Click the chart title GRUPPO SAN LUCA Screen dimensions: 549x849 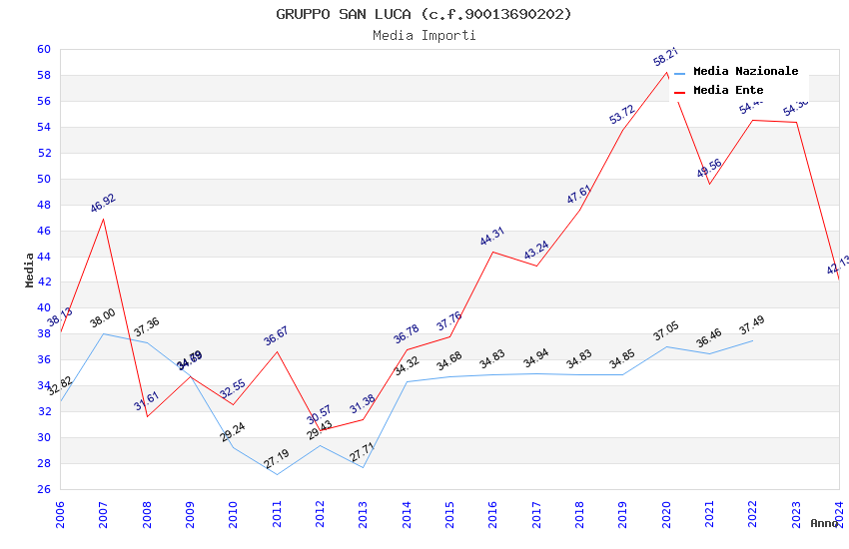(424, 14)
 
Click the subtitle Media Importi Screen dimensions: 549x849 (424, 36)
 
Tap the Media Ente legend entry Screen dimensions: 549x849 (728, 91)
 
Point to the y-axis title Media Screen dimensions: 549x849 (30, 270)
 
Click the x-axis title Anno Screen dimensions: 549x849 (824, 523)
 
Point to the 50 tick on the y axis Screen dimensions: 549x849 (44, 180)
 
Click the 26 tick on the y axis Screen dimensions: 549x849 (44, 489)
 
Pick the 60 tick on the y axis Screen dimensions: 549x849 (44, 50)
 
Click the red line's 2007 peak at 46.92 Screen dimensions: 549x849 (104, 219)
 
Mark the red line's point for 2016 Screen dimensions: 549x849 (493, 252)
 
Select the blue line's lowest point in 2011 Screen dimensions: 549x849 (277, 474)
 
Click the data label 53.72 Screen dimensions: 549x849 (622, 114)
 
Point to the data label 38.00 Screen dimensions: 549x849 (103, 319)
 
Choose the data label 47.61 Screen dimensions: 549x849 (579, 194)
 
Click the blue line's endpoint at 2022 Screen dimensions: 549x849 (753, 340)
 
